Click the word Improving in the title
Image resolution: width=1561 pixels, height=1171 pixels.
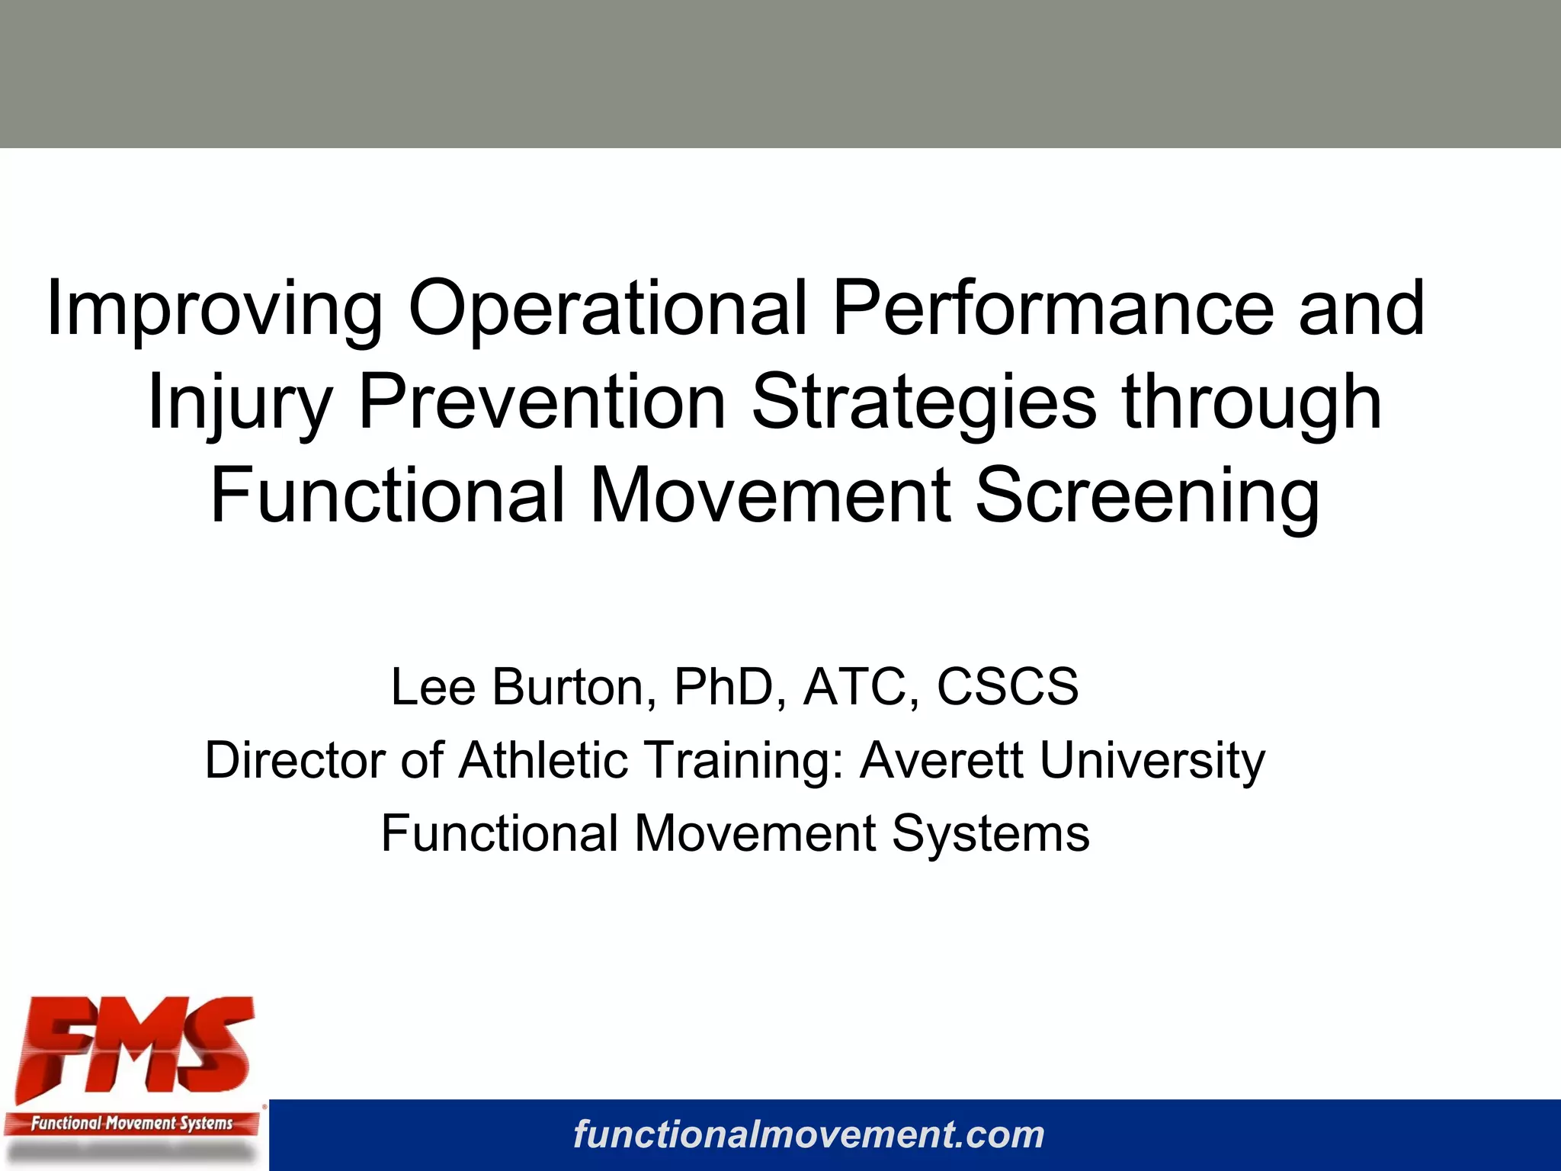pyautogui.click(x=214, y=309)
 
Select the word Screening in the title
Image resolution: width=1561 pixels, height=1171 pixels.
pyautogui.click(x=1147, y=496)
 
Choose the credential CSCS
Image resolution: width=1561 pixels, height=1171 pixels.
pyautogui.click(x=1007, y=687)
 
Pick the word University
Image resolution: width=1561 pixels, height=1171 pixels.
pyautogui.click(x=1152, y=761)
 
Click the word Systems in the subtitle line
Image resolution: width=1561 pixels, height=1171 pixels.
pyautogui.click(x=990, y=833)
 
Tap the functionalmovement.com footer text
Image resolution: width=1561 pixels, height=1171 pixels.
pyautogui.click(x=809, y=1134)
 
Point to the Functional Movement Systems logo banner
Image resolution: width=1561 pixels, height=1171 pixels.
pyautogui.click(x=131, y=1123)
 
